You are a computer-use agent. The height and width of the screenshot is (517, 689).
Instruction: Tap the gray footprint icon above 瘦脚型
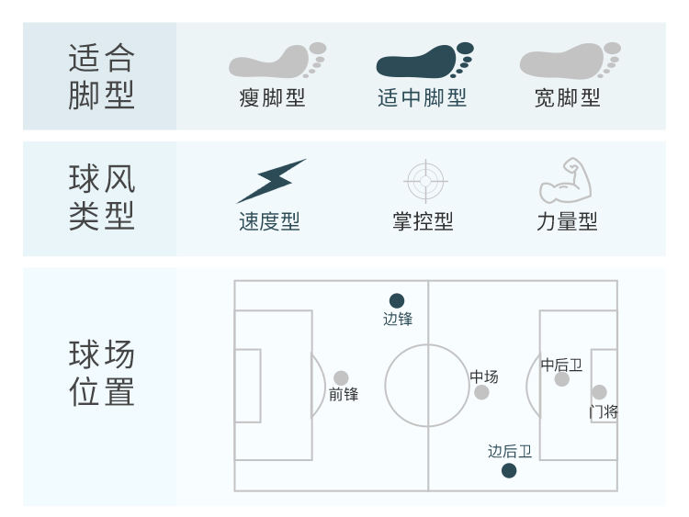pyautogui.click(x=277, y=61)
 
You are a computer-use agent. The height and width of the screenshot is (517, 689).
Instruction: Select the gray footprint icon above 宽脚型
pyautogui.click(x=570, y=61)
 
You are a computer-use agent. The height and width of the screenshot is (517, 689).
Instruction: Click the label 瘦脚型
pyautogui.click(x=272, y=97)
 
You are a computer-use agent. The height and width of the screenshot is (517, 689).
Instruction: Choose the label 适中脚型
pyautogui.click(x=422, y=97)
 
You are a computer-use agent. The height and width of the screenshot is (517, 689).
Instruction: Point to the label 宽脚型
pyautogui.click(x=567, y=97)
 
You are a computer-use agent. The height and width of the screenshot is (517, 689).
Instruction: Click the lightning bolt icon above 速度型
pyautogui.click(x=271, y=181)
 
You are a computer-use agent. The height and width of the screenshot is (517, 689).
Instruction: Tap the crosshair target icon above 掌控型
pyautogui.click(x=425, y=180)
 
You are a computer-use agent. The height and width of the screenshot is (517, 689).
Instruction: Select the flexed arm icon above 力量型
pyautogui.click(x=565, y=180)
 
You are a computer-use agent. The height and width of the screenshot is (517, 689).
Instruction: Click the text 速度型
pyautogui.click(x=269, y=222)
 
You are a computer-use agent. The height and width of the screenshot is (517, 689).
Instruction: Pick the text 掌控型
pyautogui.click(x=423, y=222)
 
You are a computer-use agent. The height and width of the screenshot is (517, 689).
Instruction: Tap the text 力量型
pyautogui.click(x=567, y=222)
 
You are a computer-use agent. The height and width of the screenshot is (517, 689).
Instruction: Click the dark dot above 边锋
pyautogui.click(x=397, y=300)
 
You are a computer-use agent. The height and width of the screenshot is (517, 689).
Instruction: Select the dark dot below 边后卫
pyautogui.click(x=509, y=471)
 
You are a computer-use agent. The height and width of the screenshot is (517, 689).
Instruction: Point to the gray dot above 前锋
pyautogui.click(x=341, y=377)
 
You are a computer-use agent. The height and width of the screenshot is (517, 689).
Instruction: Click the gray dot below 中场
pyautogui.click(x=481, y=393)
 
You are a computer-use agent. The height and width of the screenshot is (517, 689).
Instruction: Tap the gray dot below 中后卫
pyautogui.click(x=562, y=379)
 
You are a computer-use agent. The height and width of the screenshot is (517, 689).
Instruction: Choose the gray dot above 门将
pyautogui.click(x=599, y=393)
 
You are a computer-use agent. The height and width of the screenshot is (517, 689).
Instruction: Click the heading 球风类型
pyautogui.click(x=101, y=197)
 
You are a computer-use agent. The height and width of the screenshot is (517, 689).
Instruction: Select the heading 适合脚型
pyautogui.click(x=101, y=77)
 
